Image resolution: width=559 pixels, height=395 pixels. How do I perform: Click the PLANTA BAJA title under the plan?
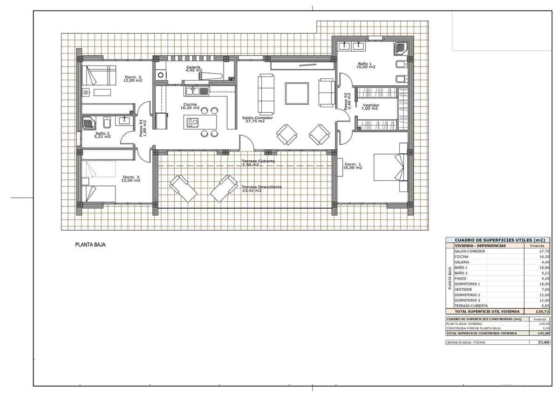[x=90, y=244]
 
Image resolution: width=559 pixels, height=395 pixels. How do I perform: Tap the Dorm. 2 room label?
[x=133, y=79]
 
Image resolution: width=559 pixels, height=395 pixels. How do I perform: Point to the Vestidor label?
[x=371, y=107]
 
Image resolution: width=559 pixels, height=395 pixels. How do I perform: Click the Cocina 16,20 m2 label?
[x=190, y=106]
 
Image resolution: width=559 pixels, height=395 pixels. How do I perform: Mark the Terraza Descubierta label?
[x=261, y=188]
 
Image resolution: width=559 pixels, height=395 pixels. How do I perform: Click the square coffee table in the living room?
[x=297, y=94]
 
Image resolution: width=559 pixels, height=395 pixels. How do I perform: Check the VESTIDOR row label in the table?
[x=464, y=289]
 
